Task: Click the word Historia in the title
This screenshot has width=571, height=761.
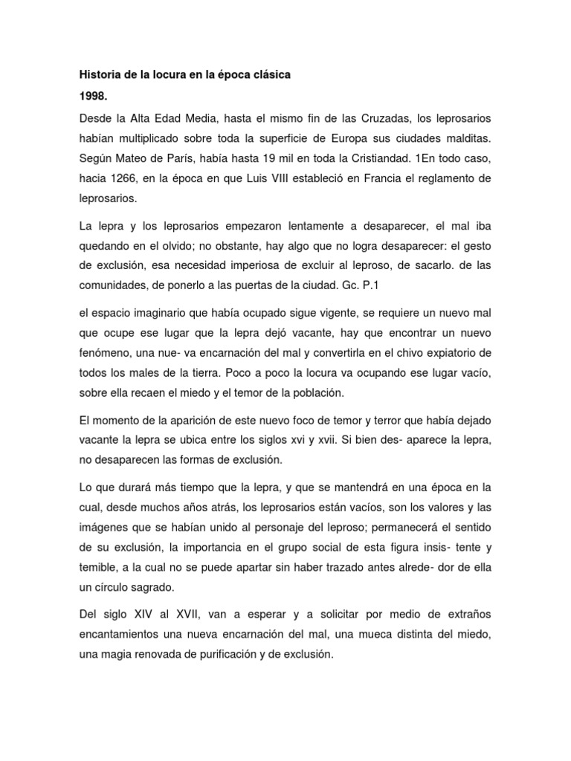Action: tap(100, 75)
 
